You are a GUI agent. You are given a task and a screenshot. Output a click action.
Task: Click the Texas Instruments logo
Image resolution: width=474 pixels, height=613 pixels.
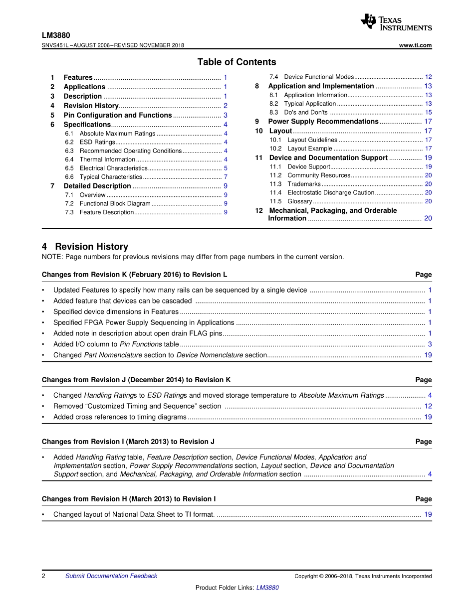(396, 22)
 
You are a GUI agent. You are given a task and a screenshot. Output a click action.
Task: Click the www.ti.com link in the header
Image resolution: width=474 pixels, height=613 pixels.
(416, 45)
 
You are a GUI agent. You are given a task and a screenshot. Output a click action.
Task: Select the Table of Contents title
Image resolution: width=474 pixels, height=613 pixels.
(237, 62)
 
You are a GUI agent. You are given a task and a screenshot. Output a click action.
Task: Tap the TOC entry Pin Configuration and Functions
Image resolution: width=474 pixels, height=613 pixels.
(118, 115)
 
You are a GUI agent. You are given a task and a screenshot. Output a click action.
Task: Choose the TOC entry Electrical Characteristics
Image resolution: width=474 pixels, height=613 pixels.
(114, 168)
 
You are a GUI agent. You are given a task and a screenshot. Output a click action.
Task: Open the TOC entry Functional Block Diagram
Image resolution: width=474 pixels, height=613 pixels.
(115, 204)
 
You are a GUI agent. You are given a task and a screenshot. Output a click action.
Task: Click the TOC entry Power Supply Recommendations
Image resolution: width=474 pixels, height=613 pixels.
(323, 122)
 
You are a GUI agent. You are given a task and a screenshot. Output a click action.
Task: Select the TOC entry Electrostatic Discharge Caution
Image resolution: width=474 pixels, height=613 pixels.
(331, 193)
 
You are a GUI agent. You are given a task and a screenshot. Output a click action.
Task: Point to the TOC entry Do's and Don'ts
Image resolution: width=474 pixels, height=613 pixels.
(306, 113)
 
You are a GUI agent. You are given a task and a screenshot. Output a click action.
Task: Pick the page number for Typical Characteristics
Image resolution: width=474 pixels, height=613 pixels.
(226, 177)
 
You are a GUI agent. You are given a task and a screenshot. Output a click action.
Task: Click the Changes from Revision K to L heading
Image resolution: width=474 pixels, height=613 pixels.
(135, 275)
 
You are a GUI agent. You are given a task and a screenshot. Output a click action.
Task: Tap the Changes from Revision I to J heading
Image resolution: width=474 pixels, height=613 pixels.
(128, 442)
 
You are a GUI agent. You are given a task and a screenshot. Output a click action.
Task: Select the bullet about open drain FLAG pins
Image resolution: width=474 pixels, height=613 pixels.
(137, 333)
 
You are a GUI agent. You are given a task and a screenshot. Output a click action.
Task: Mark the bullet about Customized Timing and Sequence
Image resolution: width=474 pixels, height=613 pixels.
(137, 406)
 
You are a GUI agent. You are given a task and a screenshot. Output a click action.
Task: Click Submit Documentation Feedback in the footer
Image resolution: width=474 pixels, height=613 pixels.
(111, 576)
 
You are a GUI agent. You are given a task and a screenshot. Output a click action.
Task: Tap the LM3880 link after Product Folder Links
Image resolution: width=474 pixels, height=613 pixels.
(267, 588)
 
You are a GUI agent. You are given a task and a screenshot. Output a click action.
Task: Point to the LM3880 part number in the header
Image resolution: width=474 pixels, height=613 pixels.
(56, 35)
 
